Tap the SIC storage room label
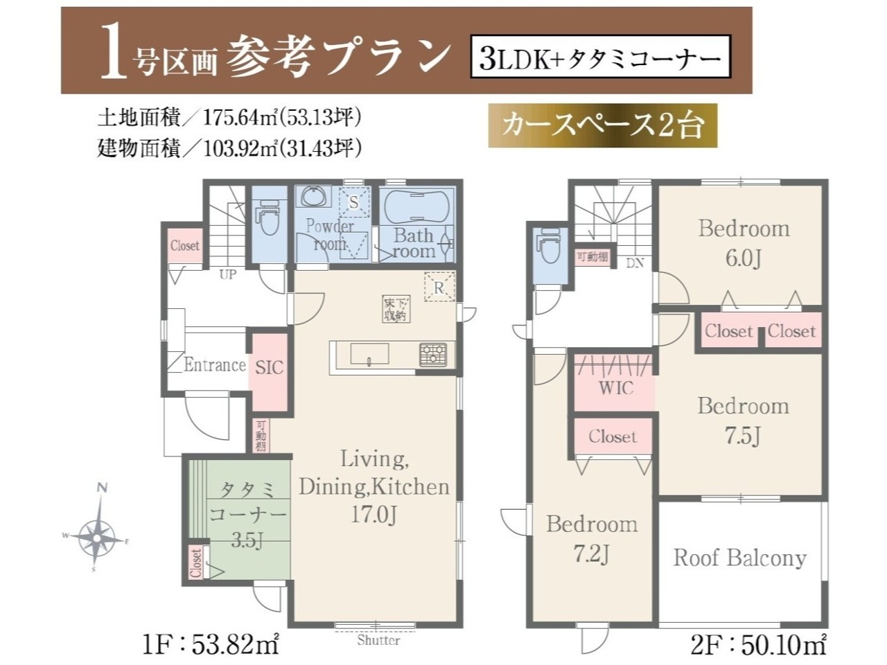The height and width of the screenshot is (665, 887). [269, 368]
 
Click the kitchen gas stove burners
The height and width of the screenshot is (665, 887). [433, 354]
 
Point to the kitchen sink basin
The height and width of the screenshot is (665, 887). [369, 354]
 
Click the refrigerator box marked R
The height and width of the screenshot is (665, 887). [439, 287]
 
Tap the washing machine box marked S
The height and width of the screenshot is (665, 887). [354, 202]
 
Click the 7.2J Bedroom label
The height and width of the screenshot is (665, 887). [592, 539]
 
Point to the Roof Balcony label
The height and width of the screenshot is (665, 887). [740, 558]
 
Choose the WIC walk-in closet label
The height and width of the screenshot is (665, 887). [616, 388]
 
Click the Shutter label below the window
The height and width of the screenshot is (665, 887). [378, 651]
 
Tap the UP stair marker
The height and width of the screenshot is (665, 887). [228, 274]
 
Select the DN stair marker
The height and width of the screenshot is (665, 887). [635, 263]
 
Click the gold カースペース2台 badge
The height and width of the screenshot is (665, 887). [602, 125]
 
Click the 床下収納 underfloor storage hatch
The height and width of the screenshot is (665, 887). [396, 309]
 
